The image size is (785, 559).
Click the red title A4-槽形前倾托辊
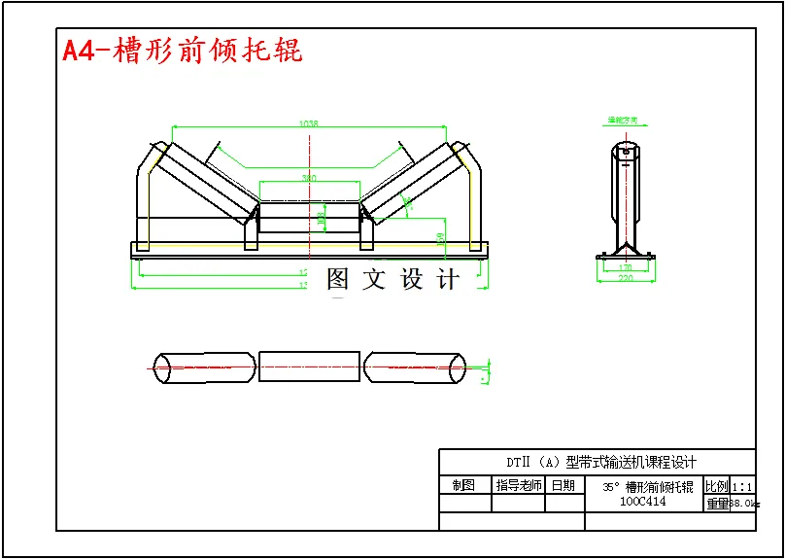point(182,50)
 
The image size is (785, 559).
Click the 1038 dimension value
point(309,123)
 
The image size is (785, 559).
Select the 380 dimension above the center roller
point(309,178)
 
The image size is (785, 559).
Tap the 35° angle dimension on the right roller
point(409,203)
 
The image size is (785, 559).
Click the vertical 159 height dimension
point(440,238)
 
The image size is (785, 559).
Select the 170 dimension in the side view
point(625,265)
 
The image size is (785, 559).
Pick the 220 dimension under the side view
point(625,278)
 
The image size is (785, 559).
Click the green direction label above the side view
point(623,121)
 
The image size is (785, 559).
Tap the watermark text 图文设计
point(392,280)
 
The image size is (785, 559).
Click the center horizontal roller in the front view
point(309,217)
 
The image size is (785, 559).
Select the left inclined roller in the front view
point(206,184)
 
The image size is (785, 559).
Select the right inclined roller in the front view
point(411,184)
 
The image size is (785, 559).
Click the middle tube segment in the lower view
point(309,367)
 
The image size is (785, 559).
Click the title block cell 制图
point(464,485)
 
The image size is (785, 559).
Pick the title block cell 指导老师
point(518,485)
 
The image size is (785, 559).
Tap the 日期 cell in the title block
point(563,485)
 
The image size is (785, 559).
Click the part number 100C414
point(643,502)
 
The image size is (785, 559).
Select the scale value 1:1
point(742,485)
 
